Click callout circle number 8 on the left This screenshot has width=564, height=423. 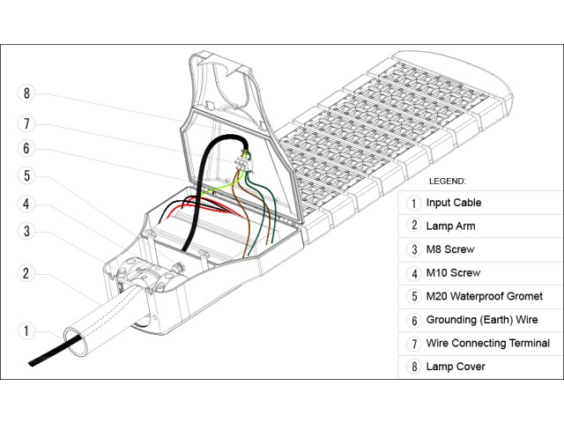click(x=27, y=93)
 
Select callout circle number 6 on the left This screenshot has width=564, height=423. click(x=27, y=148)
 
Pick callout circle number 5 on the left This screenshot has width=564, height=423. click(x=27, y=175)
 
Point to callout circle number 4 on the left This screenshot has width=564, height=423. click(x=27, y=204)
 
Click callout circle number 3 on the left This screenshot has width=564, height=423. click(x=27, y=231)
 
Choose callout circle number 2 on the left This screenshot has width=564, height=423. click(x=27, y=273)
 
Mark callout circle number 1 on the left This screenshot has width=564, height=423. click(x=27, y=331)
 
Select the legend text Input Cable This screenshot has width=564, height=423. click(x=453, y=203)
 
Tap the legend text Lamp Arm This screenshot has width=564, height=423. click(x=450, y=226)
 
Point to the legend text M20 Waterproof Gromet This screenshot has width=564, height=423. click(x=484, y=296)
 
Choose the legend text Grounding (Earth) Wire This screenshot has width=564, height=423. click(x=487, y=320)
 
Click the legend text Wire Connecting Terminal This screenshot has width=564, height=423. click(x=487, y=343)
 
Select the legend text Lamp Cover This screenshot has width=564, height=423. click(x=455, y=366)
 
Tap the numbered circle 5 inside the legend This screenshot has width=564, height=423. click(x=412, y=296)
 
